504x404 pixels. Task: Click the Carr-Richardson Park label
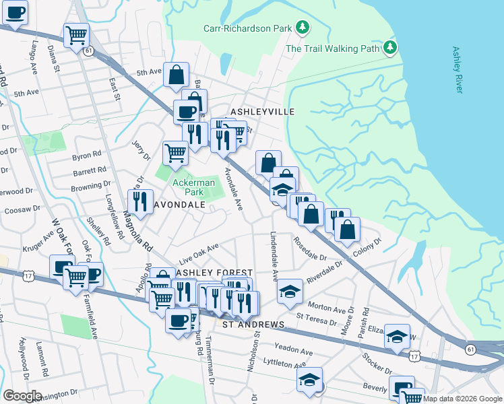point(248,28)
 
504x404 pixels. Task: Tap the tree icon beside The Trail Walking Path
point(390,48)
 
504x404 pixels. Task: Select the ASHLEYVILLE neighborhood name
point(263,112)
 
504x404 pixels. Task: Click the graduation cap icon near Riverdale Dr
point(290,290)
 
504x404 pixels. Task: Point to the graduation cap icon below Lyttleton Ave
point(310,378)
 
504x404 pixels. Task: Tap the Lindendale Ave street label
point(274,257)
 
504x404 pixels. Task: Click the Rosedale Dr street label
point(309,248)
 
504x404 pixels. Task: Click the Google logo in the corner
point(22,396)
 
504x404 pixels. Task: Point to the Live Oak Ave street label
point(199,255)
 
